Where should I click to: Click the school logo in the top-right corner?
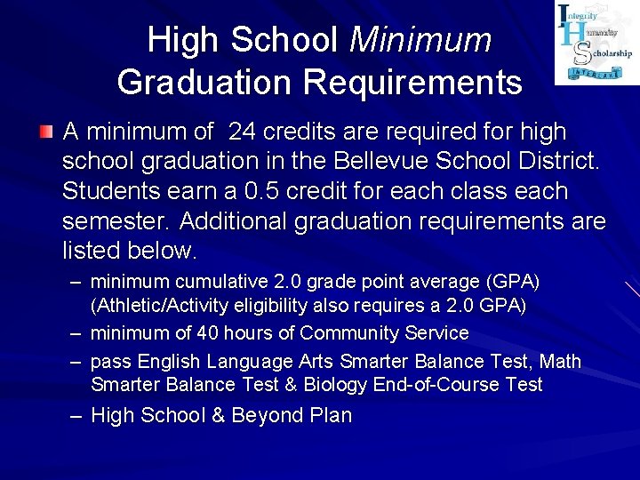[596, 43]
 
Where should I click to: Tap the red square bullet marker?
[45, 133]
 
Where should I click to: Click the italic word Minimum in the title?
[421, 40]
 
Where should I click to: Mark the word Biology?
[337, 385]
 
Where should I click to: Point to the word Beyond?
[264, 415]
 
